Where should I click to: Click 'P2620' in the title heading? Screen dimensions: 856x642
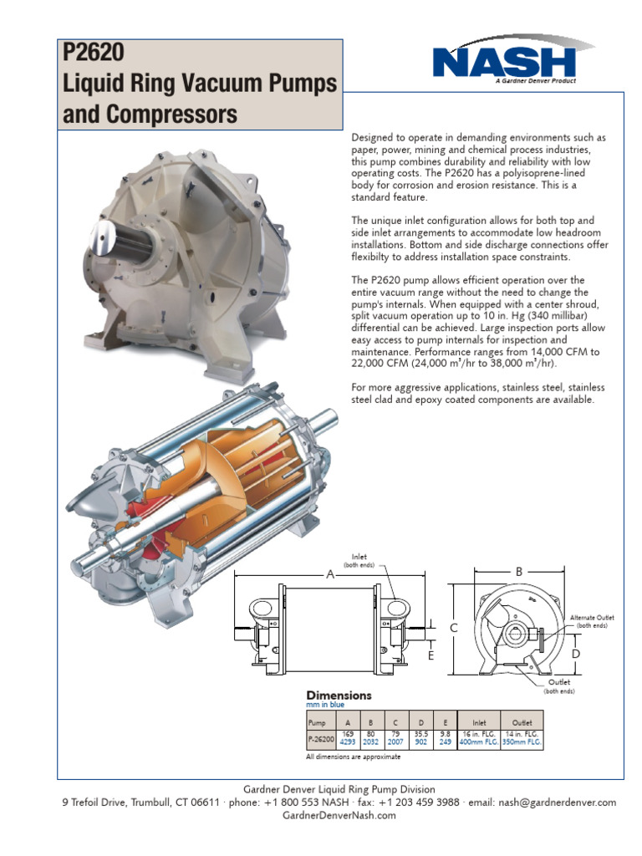point(93,53)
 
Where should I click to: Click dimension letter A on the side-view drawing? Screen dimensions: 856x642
point(329,575)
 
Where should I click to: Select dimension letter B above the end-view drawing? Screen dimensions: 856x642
point(518,572)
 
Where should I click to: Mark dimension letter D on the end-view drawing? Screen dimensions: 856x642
point(575,652)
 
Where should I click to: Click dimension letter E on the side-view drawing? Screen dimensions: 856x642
point(431,655)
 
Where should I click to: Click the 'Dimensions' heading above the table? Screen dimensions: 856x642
point(339,695)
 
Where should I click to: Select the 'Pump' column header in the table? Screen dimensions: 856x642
point(318,721)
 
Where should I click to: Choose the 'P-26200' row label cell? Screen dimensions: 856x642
point(319,738)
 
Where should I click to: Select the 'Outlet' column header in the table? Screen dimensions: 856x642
point(522,721)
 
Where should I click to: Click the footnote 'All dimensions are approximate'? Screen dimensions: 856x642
point(354,757)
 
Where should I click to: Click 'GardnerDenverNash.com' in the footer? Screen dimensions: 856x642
point(321,816)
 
